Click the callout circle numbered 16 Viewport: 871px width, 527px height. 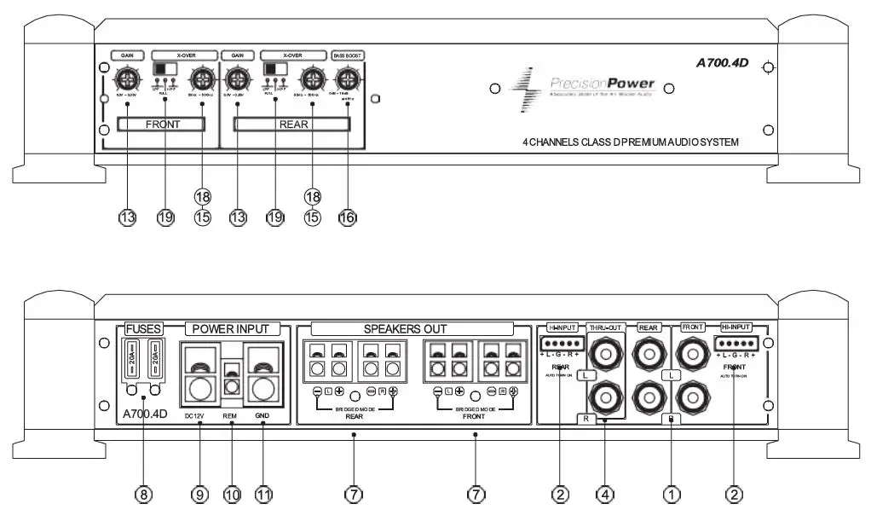point(347,217)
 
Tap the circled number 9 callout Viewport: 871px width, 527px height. point(199,494)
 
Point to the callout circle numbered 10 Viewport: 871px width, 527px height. point(233,494)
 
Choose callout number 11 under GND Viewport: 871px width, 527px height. point(264,494)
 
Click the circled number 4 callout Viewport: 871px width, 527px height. point(605,494)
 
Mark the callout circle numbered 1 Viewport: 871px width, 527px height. point(672,494)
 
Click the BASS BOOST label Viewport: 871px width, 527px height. point(347,55)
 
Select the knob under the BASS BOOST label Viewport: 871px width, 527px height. point(346,82)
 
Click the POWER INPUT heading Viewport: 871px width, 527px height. point(230,328)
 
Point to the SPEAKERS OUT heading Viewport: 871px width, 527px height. point(405,328)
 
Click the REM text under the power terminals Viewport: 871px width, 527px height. point(231,416)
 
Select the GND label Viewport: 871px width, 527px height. point(263,416)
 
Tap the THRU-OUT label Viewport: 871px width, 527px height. point(605,327)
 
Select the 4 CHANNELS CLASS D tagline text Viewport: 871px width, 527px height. point(631,142)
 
